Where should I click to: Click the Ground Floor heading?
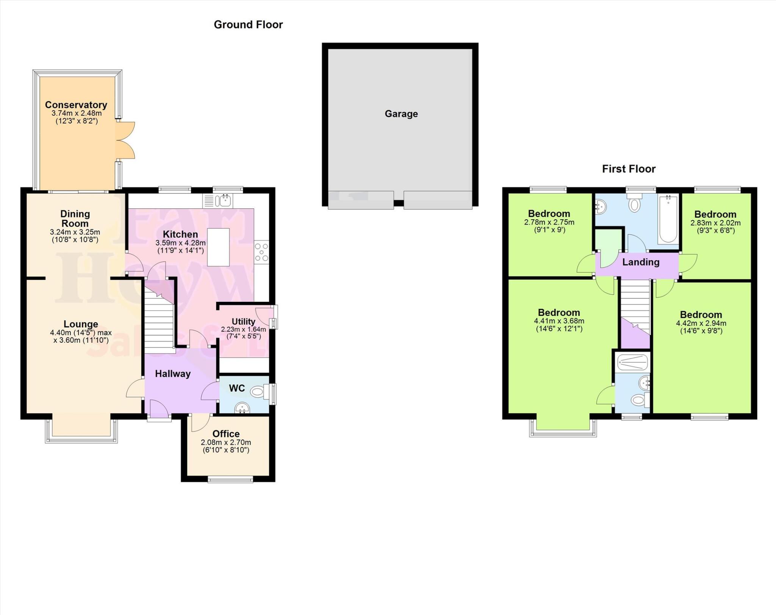248,25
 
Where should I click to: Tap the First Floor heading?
629,169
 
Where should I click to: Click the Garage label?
401,114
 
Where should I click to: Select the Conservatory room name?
76,105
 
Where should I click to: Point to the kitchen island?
218,247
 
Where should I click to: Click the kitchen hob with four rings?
261,252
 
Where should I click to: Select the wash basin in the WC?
242,408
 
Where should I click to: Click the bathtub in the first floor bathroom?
668,219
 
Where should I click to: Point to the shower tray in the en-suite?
632,362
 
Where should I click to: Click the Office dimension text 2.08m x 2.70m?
226,442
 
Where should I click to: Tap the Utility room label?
243,322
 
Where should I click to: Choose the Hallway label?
173,374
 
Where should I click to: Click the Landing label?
641,262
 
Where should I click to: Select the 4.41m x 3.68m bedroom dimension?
559,321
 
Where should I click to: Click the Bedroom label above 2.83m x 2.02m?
715,214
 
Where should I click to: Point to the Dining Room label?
75,219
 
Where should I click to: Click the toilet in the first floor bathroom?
634,204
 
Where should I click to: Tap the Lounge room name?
81,324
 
